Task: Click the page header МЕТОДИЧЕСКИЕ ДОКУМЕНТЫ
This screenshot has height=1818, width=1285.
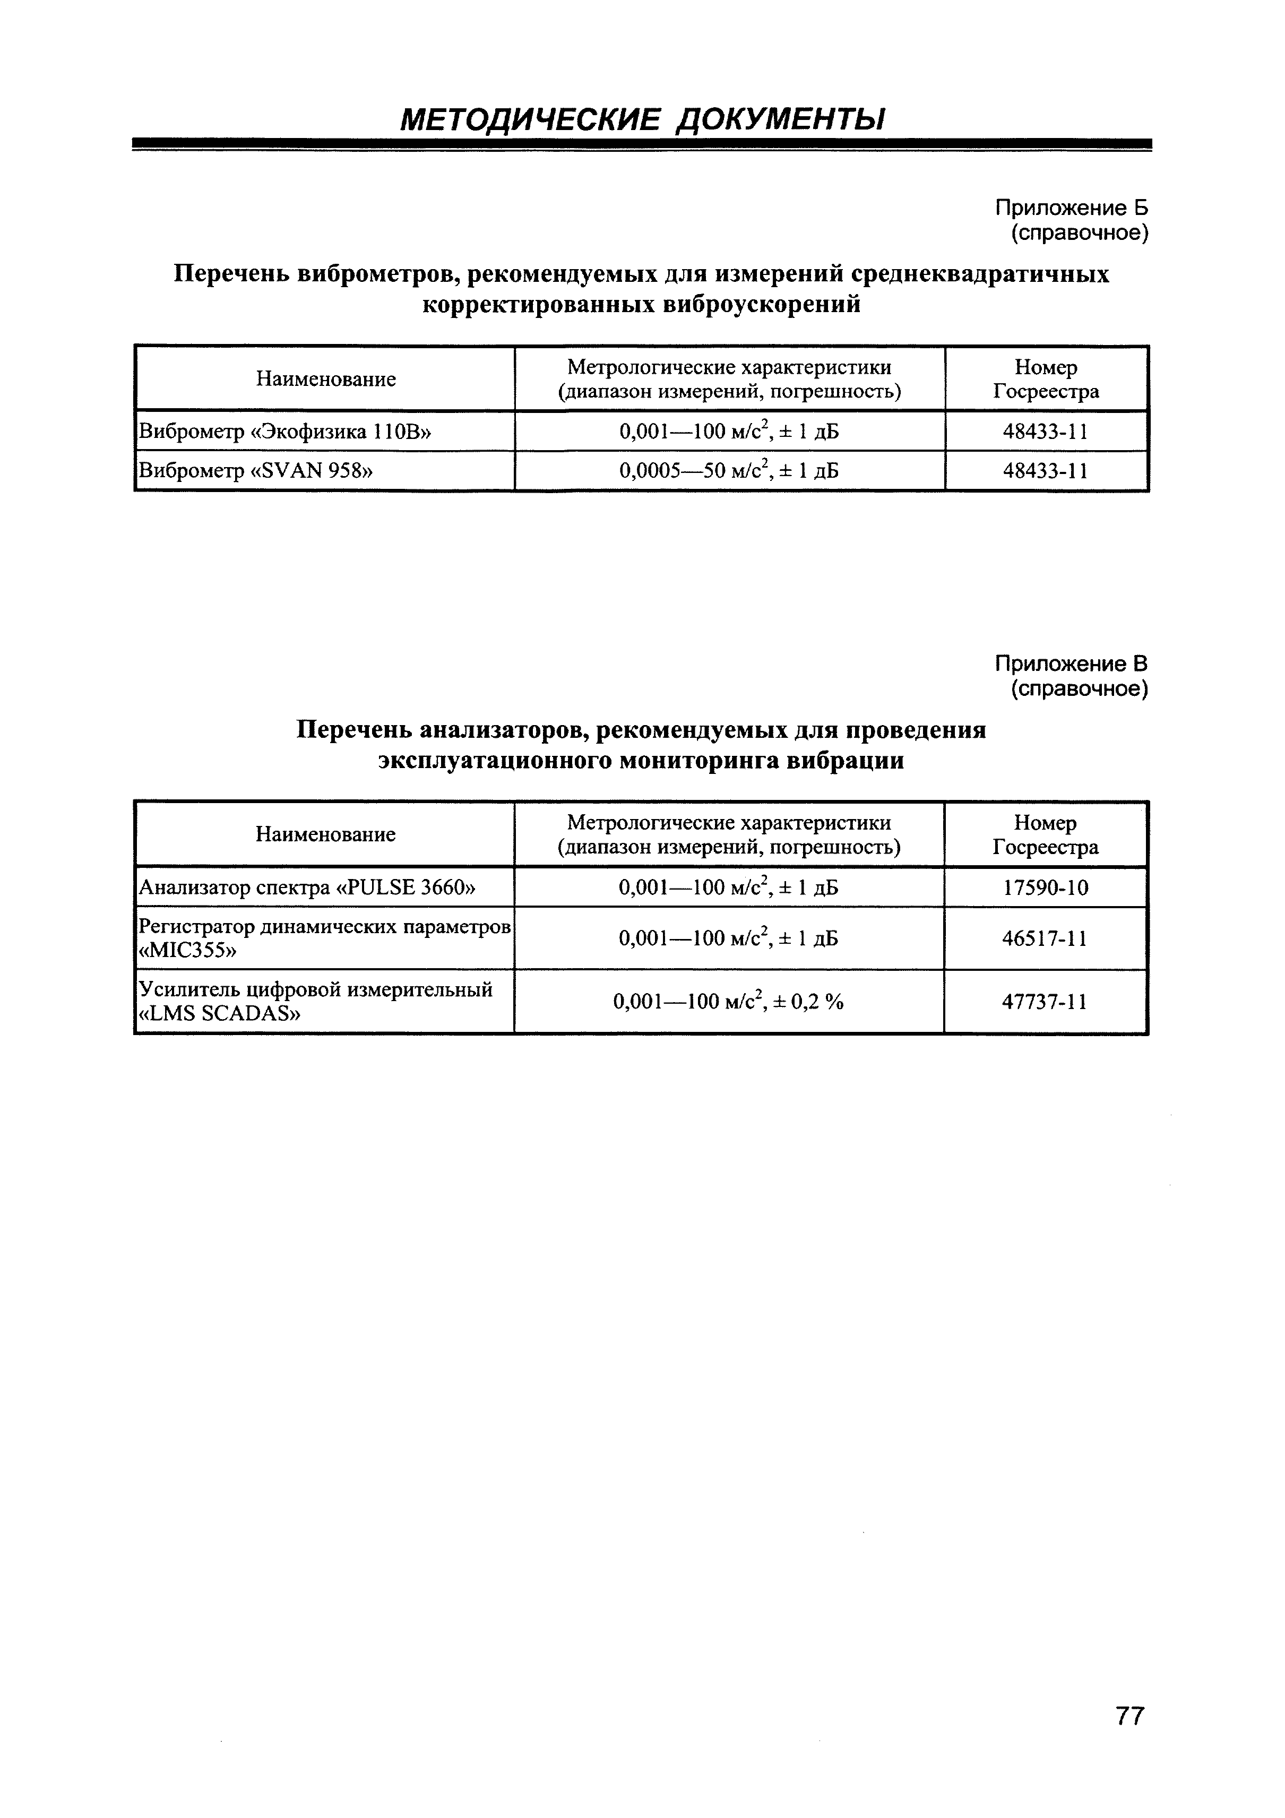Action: tap(642, 119)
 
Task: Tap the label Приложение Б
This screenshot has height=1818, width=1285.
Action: tap(1071, 208)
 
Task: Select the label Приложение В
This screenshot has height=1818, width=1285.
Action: tap(1071, 664)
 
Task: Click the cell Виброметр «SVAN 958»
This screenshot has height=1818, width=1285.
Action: tap(256, 471)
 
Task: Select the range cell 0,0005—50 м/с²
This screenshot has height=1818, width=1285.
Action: tap(728, 471)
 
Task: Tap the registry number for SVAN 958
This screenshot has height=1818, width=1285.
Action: tap(1045, 471)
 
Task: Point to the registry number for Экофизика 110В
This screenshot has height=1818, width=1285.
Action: tap(1045, 432)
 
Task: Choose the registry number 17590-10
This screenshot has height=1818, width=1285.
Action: tap(1045, 888)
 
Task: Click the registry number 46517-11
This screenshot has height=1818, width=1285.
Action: tap(1045, 939)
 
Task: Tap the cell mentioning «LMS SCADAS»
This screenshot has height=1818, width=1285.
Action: tap(315, 1002)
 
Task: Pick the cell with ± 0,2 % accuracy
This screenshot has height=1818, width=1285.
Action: tap(728, 1002)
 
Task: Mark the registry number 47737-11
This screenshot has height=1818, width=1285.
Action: tap(1045, 1002)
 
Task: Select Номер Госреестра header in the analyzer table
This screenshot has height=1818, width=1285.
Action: tap(1045, 834)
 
